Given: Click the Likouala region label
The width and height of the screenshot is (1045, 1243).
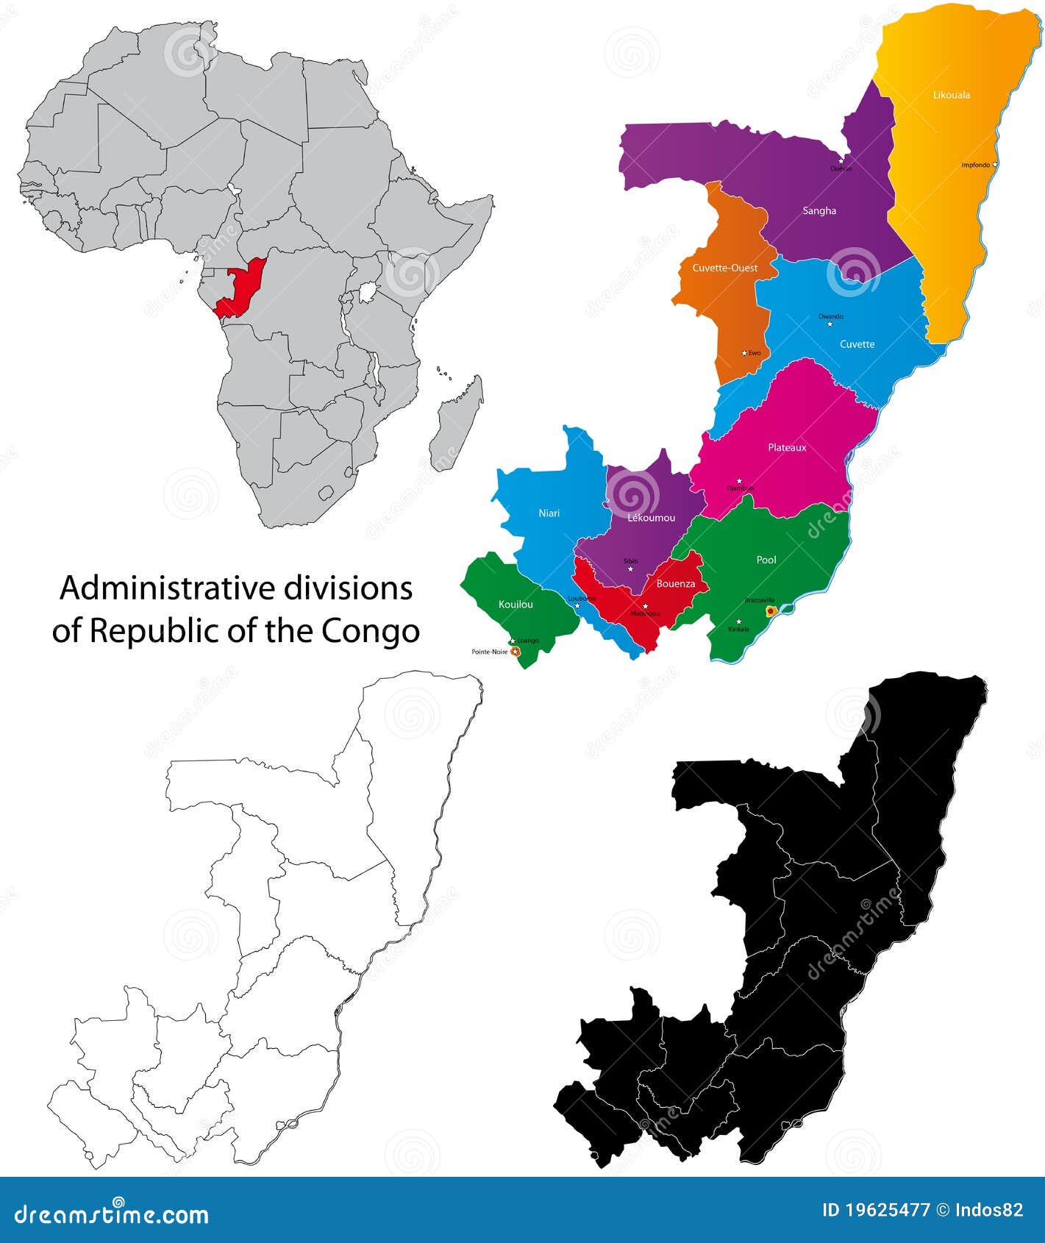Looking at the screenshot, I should click(951, 95).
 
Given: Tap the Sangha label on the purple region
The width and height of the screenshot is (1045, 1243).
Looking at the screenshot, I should click(819, 210).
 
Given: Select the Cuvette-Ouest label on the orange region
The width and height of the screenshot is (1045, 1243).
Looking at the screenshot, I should click(724, 268).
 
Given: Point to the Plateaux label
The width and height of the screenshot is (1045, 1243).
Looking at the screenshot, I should click(787, 447).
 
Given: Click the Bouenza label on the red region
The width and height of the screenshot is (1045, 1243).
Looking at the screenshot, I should click(675, 583).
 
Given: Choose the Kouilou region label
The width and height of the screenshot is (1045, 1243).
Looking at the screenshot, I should click(515, 604).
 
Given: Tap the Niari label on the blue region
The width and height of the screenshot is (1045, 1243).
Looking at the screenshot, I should click(549, 513).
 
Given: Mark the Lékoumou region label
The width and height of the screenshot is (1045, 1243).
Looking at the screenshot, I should click(651, 518).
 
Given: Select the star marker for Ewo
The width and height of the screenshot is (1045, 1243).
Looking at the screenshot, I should click(744, 353).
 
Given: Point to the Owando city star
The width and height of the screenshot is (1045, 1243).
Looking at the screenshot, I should click(830, 324).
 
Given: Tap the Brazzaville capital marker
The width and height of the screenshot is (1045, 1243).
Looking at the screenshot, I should click(771, 610).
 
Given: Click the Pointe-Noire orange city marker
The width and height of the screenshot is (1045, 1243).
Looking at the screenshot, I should click(516, 652).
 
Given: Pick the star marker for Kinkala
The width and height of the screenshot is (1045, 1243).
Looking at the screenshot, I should click(738, 621).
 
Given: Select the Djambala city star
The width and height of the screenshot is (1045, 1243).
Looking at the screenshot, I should click(739, 481).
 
